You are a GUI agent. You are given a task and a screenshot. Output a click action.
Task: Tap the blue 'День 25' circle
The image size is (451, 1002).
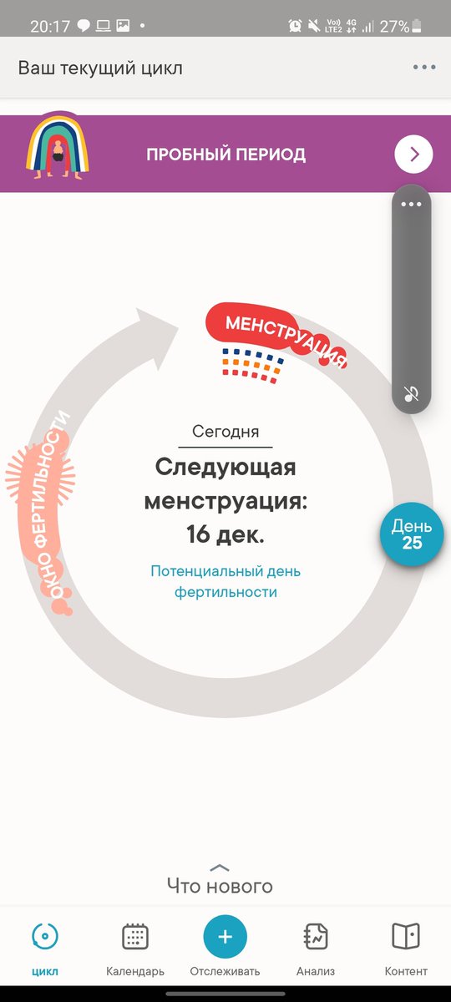tap(412, 534)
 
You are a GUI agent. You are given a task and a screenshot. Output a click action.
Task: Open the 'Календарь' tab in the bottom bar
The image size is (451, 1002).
tap(135, 936)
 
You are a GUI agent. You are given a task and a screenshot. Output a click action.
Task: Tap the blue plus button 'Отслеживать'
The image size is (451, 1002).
tap(225, 936)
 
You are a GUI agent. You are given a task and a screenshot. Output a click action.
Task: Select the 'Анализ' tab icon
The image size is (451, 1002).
tap(316, 936)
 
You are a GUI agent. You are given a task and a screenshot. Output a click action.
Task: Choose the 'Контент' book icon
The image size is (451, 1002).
tap(406, 936)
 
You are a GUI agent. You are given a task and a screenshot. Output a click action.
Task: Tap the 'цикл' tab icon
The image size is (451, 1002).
tap(45, 936)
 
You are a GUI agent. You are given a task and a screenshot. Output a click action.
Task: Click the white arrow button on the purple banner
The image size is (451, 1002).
tap(414, 154)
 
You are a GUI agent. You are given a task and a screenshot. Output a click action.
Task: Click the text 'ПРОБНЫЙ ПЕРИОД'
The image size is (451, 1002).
tap(226, 154)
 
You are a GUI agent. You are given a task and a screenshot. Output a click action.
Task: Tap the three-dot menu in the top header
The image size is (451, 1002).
tap(424, 67)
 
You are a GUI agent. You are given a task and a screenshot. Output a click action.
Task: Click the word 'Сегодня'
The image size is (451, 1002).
tap(225, 431)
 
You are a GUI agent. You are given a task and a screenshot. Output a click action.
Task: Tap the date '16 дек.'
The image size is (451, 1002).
tap(225, 534)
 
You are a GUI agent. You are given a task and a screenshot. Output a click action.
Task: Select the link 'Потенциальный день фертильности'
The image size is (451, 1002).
tap(225, 581)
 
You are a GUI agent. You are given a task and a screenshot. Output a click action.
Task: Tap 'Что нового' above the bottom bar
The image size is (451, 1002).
tap(220, 886)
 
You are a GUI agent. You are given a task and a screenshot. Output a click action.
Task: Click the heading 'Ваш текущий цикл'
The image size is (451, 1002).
tap(100, 68)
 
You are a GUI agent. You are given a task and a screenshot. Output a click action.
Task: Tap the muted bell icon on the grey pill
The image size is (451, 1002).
tap(411, 393)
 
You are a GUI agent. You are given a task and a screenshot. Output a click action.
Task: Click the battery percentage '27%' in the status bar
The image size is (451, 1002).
tap(394, 27)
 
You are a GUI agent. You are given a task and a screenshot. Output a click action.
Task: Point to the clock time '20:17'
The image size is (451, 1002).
tap(50, 27)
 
